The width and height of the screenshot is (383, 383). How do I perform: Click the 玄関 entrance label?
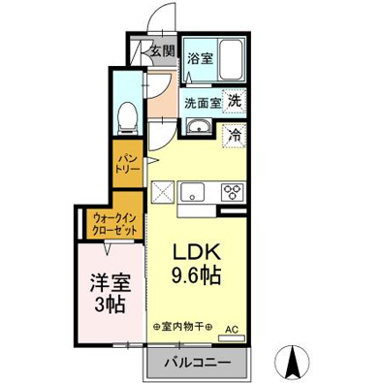pos(162,51)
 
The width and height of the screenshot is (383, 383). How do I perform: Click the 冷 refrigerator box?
pos(234,136)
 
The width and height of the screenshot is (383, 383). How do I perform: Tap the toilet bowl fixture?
pos(125,119)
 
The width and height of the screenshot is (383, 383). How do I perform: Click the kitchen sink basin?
pos(191,189)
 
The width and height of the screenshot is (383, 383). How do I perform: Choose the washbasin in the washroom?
pos(200,126)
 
